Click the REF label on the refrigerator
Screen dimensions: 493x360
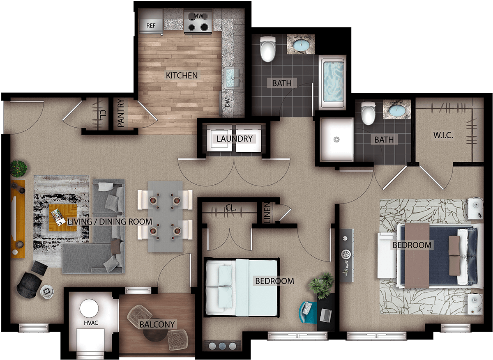[151, 26]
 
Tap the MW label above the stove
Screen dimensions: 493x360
[198, 16]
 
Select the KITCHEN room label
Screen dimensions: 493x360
[182, 76]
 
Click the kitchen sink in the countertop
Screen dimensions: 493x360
[233, 78]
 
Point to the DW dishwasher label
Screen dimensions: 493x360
[227, 103]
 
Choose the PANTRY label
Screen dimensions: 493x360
[121, 113]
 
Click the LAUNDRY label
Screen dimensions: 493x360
[235, 139]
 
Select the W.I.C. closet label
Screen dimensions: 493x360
[443, 135]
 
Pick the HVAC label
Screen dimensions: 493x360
[91, 323]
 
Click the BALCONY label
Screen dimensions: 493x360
[157, 324]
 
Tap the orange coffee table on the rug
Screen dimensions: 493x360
[63, 218]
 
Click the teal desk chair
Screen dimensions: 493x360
[307, 312]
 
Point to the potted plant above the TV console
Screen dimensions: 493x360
[19, 169]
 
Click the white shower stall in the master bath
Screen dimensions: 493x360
[336, 140]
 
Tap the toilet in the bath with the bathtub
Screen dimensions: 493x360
[267, 49]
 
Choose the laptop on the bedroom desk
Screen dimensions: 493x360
[326, 315]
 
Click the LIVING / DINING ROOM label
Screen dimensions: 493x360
[110, 221]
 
